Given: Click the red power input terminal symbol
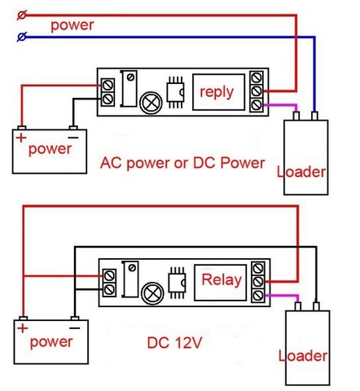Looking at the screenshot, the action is [x=22, y=15].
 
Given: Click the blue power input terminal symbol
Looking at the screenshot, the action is [x=22, y=37].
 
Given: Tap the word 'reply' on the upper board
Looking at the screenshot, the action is [x=217, y=93].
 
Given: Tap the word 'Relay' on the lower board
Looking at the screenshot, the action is [x=222, y=279].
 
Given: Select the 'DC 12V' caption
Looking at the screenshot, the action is [x=174, y=343].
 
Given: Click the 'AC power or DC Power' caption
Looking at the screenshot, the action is [x=182, y=163].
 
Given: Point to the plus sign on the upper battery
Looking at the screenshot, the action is [x=21, y=138].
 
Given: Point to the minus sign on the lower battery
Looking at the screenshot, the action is [x=75, y=328].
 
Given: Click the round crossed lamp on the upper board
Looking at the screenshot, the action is [x=151, y=103].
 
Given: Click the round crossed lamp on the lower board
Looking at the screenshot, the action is [x=153, y=293].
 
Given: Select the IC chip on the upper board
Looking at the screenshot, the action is [x=175, y=93].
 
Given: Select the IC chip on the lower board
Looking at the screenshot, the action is [x=177, y=283].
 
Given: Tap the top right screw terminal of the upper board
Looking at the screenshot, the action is [x=257, y=78].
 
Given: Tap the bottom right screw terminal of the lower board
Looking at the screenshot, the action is [x=258, y=296].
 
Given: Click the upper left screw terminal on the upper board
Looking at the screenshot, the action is [x=108, y=85].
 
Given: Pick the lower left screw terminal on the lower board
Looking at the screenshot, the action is [x=109, y=289].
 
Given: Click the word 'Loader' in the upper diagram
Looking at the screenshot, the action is [x=301, y=172].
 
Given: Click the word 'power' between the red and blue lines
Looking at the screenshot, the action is [x=72, y=26].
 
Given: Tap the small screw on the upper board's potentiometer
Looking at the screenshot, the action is [x=131, y=77].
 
